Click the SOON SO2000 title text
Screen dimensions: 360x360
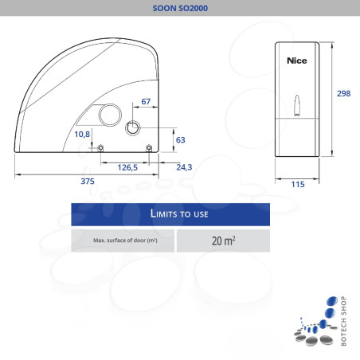(180, 8)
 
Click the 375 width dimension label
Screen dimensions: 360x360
(88, 182)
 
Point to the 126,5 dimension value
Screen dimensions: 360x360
(127, 167)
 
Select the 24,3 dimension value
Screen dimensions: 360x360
(184, 167)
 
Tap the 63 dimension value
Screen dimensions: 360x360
(181, 140)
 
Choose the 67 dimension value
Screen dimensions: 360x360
(146, 101)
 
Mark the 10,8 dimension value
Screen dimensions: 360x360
(82, 135)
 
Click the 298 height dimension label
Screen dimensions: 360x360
(343, 93)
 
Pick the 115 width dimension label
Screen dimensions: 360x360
(298, 184)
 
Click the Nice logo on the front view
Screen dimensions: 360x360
(297, 61)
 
